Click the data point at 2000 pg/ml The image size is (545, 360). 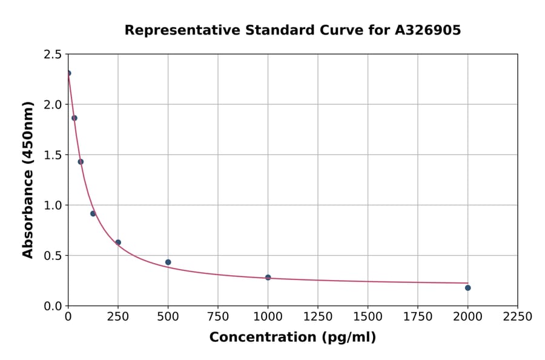pyautogui.click(x=467, y=288)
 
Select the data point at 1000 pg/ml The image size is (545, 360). pyautogui.click(x=268, y=278)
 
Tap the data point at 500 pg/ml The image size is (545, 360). pyautogui.click(x=168, y=262)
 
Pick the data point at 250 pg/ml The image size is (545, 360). pyautogui.click(x=118, y=242)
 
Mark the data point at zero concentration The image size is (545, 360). pyautogui.click(x=68, y=73)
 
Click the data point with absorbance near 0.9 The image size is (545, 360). pyautogui.click(x=93, y=213)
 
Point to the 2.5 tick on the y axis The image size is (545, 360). pyautogui.click(x=53, y=55)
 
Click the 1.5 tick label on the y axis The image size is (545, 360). pyautogui.click(x=53, y=155)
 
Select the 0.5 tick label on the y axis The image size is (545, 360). pyautogui.click(x=53, y=256)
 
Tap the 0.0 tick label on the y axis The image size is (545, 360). pyautogui.click(x=53, y=306)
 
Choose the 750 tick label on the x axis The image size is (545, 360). pyautogui.click(x=218, y=317)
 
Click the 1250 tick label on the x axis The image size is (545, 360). pyautogui.click(x=318, y=317)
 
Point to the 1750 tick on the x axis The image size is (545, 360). pyautogui.click(x=418, y=317)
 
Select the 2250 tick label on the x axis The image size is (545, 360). pyautogui.click(x=518, y=317)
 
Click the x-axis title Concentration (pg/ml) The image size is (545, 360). pyautogui.click(x=292, y=338)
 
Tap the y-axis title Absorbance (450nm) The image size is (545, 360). pyautogui.click(x=28, y=180)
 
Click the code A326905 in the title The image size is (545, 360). pyautogui.click(x=428, y=30)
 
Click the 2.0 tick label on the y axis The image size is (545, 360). pyautogui.click(x=53, y=105)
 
